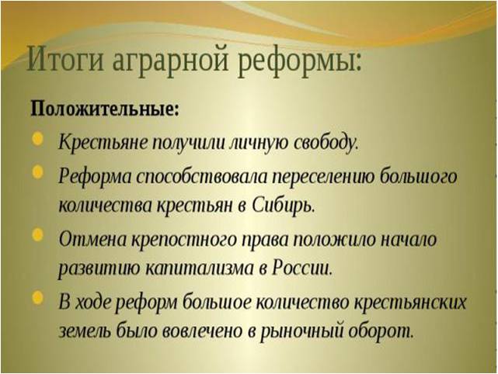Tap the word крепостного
coord(179,237)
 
